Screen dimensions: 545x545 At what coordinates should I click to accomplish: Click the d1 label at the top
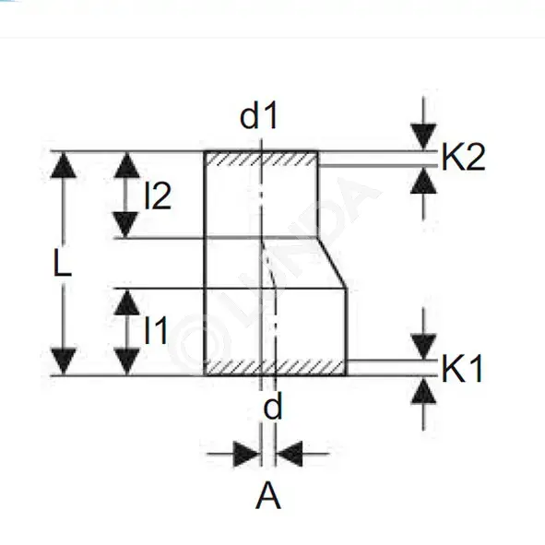259,116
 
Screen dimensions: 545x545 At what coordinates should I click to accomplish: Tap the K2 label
463,157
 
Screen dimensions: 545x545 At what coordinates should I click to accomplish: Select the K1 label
462,369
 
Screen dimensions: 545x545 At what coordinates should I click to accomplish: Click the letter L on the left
63,263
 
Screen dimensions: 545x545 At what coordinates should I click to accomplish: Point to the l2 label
158,195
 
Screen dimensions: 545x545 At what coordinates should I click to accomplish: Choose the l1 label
156,330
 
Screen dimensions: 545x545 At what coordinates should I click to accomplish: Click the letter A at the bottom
268,496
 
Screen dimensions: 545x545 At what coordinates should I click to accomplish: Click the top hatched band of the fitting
261,159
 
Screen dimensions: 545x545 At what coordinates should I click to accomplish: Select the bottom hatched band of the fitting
276,368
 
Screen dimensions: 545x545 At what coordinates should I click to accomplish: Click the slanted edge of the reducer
332,263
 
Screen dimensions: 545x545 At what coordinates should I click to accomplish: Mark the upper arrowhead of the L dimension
64,165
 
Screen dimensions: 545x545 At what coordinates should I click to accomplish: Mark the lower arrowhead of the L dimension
64,361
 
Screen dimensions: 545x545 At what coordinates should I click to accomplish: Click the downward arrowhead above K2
423,136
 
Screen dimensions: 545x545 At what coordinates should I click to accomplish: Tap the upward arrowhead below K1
423,391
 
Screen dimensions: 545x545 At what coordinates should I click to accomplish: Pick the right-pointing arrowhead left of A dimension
246,454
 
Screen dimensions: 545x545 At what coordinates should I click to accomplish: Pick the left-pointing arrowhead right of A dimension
289,454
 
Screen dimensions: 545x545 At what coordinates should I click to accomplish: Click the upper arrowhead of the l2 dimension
127,165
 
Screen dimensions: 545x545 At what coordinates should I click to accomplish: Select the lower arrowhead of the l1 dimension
127,361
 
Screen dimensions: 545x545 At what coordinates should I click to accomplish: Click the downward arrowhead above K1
423,347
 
